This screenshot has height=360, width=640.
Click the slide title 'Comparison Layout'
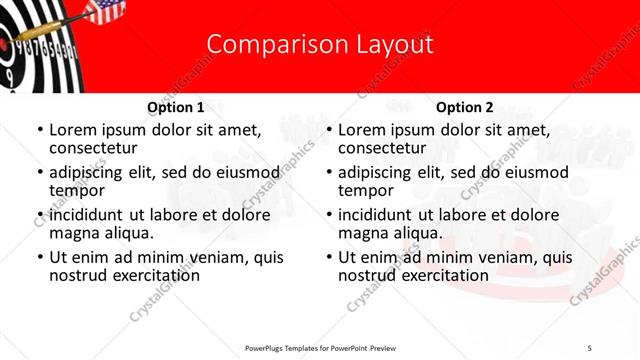pyautogui.click(x=320, y=45)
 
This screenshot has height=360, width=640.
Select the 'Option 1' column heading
pyautogui.click(x=176, y=107)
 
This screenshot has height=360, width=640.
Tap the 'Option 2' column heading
pyautogui.click(x=465, y=107)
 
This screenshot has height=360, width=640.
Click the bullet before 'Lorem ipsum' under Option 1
pyautogui.click(x=39, y=131)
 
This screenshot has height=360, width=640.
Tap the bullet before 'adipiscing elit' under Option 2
pyautogui.click(x=328, y=173)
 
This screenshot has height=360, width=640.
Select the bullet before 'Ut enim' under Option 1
pyautogui.click(x=39, y=257)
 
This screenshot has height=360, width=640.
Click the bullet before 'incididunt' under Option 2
pyautogui.click(x=328, y=215)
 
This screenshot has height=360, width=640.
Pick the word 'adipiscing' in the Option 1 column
pyautogui.click(x=92, y=173)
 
